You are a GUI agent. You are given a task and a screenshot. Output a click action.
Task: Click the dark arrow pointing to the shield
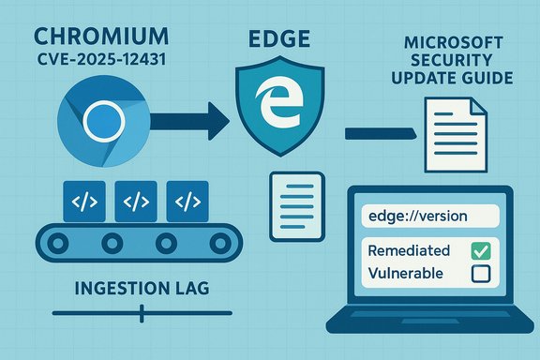(187, 119)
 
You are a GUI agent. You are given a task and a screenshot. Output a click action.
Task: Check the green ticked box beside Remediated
(479, 251)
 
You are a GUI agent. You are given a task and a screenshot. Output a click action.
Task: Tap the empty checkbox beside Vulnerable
(479, 274)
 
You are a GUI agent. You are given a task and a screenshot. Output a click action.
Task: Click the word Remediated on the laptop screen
(410, 251)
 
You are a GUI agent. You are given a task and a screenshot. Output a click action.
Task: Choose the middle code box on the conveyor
(135, 200)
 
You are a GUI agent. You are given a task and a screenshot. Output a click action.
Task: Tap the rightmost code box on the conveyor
(188, 200)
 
